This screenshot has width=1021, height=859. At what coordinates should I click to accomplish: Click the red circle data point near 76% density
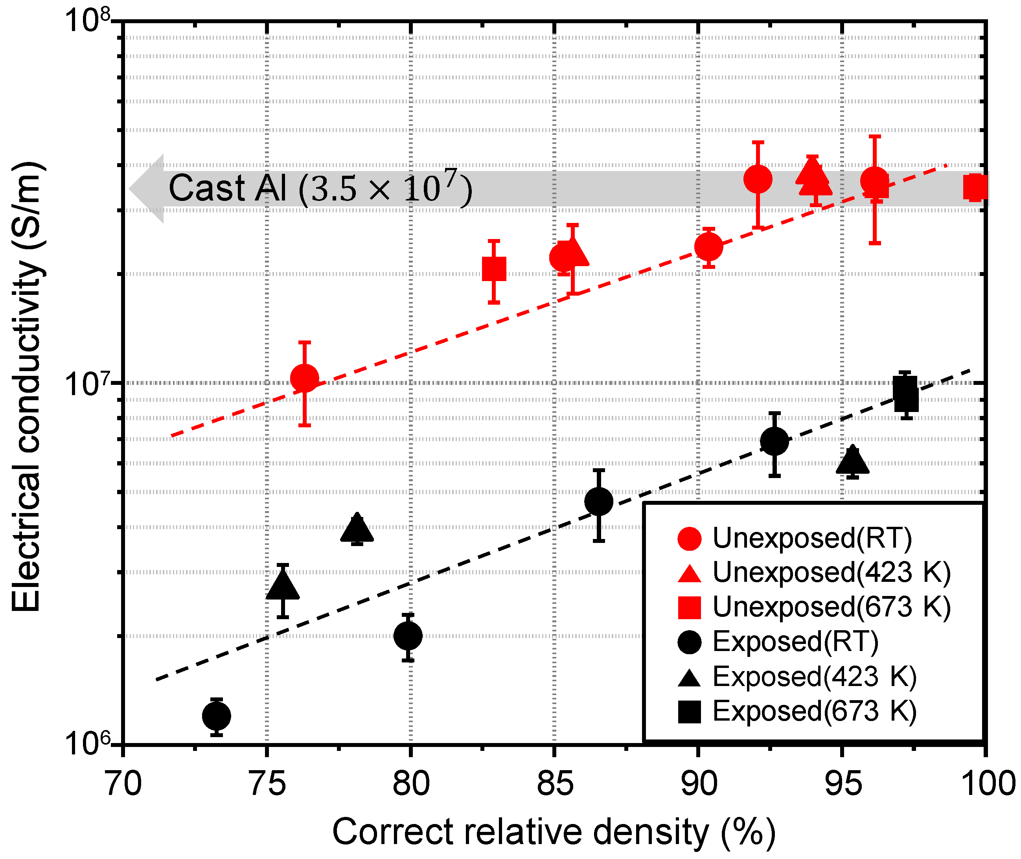pos(304,378)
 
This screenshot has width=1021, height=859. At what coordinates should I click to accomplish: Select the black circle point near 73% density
pos(216,716)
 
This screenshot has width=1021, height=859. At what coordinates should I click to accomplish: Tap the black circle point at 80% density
pos(408,635)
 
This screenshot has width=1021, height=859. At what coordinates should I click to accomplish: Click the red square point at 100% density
pos(975,188)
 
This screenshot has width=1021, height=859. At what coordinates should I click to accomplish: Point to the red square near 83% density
pos(494,269)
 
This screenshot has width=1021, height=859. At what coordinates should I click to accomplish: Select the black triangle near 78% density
pos(357,529)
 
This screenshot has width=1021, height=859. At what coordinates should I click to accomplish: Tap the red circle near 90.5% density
pos(708,246)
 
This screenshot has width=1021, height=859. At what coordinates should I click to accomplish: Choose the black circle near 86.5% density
pos(598,501)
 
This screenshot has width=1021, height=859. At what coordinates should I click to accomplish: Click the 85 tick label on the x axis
pos(555,784)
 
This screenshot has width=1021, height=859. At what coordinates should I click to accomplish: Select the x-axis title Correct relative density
pos(554,832)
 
